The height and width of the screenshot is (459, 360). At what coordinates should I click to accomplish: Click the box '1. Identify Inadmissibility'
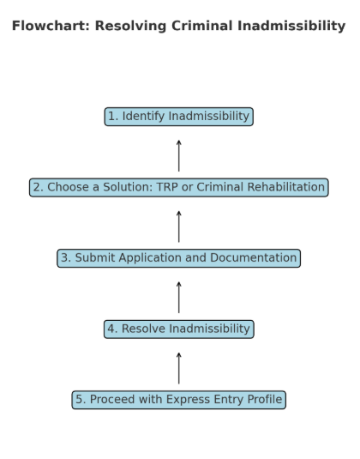pos(178,117)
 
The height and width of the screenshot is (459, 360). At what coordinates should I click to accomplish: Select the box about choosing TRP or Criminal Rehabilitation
pos(178,187)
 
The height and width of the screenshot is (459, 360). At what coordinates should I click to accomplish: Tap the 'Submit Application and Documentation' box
pos(178,258)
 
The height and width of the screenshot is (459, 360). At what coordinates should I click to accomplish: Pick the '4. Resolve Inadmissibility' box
pos(178,329)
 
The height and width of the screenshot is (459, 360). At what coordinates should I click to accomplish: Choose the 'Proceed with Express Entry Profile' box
pos(178,400)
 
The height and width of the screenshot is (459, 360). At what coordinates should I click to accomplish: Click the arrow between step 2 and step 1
pos(178,156)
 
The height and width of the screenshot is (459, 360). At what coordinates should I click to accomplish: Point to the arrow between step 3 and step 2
pos(178,226)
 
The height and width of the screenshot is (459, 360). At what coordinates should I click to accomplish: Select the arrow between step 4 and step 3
pos(178,298)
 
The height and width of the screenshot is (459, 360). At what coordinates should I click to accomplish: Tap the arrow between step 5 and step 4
pos(178,368)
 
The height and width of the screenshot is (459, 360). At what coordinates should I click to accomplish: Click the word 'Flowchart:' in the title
pos(51,26)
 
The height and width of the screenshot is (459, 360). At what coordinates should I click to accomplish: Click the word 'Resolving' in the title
pos(131,27)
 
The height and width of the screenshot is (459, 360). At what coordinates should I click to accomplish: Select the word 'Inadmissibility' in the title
pos(291,26)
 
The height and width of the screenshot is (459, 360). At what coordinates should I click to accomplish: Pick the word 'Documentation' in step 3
pos(253,258)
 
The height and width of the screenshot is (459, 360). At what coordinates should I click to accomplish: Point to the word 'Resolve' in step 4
pos(144,329)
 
